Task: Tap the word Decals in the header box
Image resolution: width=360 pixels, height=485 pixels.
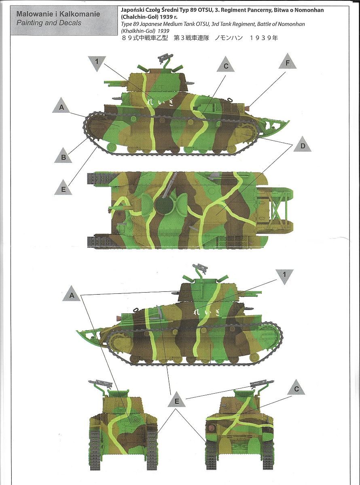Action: pyautogui.click(x=71, y=23)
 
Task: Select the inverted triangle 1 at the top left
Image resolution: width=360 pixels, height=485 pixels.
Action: pyautogui.click(x=97, y=63)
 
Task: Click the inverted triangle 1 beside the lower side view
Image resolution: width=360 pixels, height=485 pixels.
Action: pyautogui.click(x=284, y=276)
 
